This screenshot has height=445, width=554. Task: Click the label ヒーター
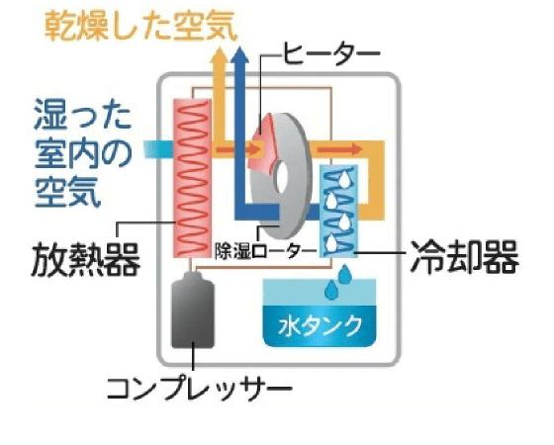point(331,54)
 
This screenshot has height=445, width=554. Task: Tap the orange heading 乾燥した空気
point(140,26)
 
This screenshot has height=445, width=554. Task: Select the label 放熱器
point(86,259)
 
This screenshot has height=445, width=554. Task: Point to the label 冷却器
point(464,257)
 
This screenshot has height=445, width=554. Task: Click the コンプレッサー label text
point(200,388)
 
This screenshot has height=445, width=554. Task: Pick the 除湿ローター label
point(265,251)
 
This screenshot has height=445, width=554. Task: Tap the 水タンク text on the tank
point(321,325)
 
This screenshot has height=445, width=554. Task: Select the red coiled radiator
point(192,178)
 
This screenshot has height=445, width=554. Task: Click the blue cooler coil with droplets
point(338,211)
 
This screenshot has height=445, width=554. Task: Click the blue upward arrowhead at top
point(239,55)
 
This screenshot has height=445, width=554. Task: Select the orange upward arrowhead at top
point(220,55)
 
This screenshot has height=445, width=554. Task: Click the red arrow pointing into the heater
point(237,149)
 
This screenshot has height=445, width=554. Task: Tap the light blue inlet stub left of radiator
point(158,149)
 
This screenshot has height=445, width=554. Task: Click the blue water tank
point(320,312)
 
